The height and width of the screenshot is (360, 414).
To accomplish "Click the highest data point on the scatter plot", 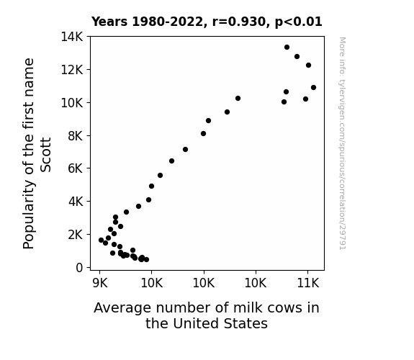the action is pyautogui.click(x=287, y=48).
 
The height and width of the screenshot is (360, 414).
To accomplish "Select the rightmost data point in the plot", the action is pyautogui.click(x=313, y=87).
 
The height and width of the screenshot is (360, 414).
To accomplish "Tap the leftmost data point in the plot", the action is pyautogui.click(x=101, y=240).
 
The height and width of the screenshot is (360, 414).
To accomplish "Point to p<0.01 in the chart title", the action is pyautogui.click(x=299, y=22).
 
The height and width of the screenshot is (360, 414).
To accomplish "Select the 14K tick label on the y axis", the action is pyautogui.click(x=72, y=37).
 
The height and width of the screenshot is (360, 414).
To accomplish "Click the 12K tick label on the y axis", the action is pyautogui.click(x=72, y=70).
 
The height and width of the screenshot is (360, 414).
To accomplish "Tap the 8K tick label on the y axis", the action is pyautogui.click(x=76, y=136).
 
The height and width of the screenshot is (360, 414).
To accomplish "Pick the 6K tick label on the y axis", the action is pyautogui.click(x=76, y=168).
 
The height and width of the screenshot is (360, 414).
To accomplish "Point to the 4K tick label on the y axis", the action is pyautogui.click(x=76, y=202).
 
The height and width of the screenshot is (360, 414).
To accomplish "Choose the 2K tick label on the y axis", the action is pyautogui.click(x=76, y=235).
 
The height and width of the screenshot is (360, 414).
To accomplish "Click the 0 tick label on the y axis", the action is pyautogui.click(x=79, y=268).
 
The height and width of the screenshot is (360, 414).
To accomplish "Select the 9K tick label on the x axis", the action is pyautogui.click(x=100, y=283).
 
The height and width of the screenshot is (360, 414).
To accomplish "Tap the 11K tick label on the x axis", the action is pyautogui.click(x=308, y=283).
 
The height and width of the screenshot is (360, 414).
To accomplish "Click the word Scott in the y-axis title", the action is pyautogui.click(x=45, y=155).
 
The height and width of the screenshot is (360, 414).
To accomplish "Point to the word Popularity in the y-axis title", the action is pyautogui.click(x=29, y=215).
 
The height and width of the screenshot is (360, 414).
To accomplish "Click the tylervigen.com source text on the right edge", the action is pyautogui.click(x=343, y=143).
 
